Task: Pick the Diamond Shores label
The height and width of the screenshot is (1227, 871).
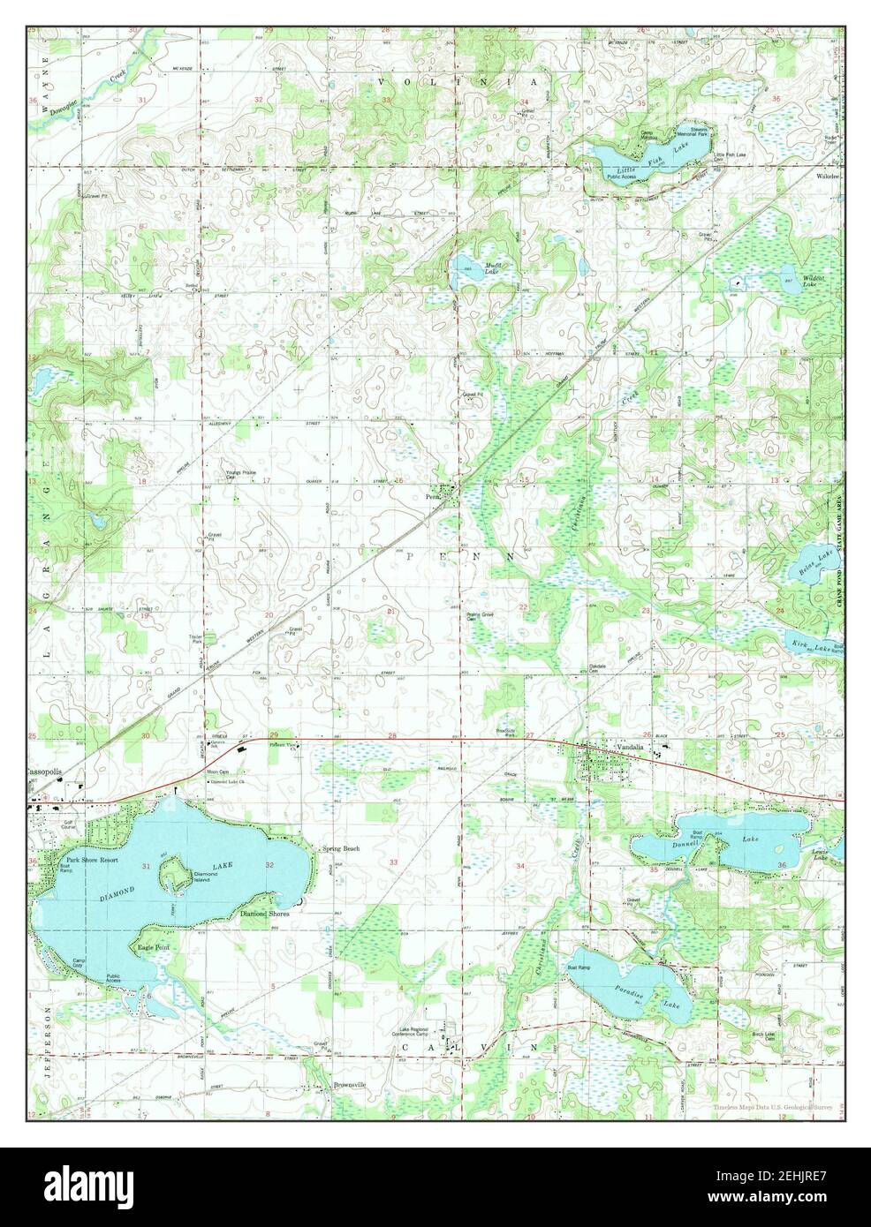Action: [x=265, y=915]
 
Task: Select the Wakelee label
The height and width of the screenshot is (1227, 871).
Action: [x=828, y=176]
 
